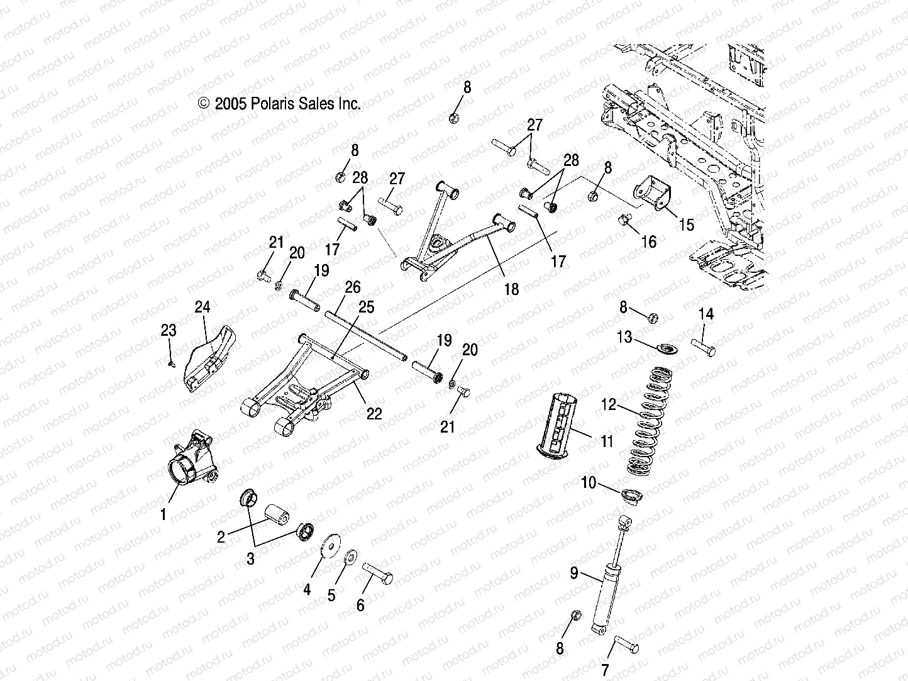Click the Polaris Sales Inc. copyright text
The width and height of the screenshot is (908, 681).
[279, 104]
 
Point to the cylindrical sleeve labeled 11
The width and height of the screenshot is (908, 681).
[563, 424]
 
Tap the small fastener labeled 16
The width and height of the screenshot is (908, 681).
[624, 220]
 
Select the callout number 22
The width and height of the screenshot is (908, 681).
[375, 412]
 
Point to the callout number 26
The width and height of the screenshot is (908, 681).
[353, 287]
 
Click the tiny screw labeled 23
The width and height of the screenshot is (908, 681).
[170, 362]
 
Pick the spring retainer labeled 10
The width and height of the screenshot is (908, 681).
[629, 495]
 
